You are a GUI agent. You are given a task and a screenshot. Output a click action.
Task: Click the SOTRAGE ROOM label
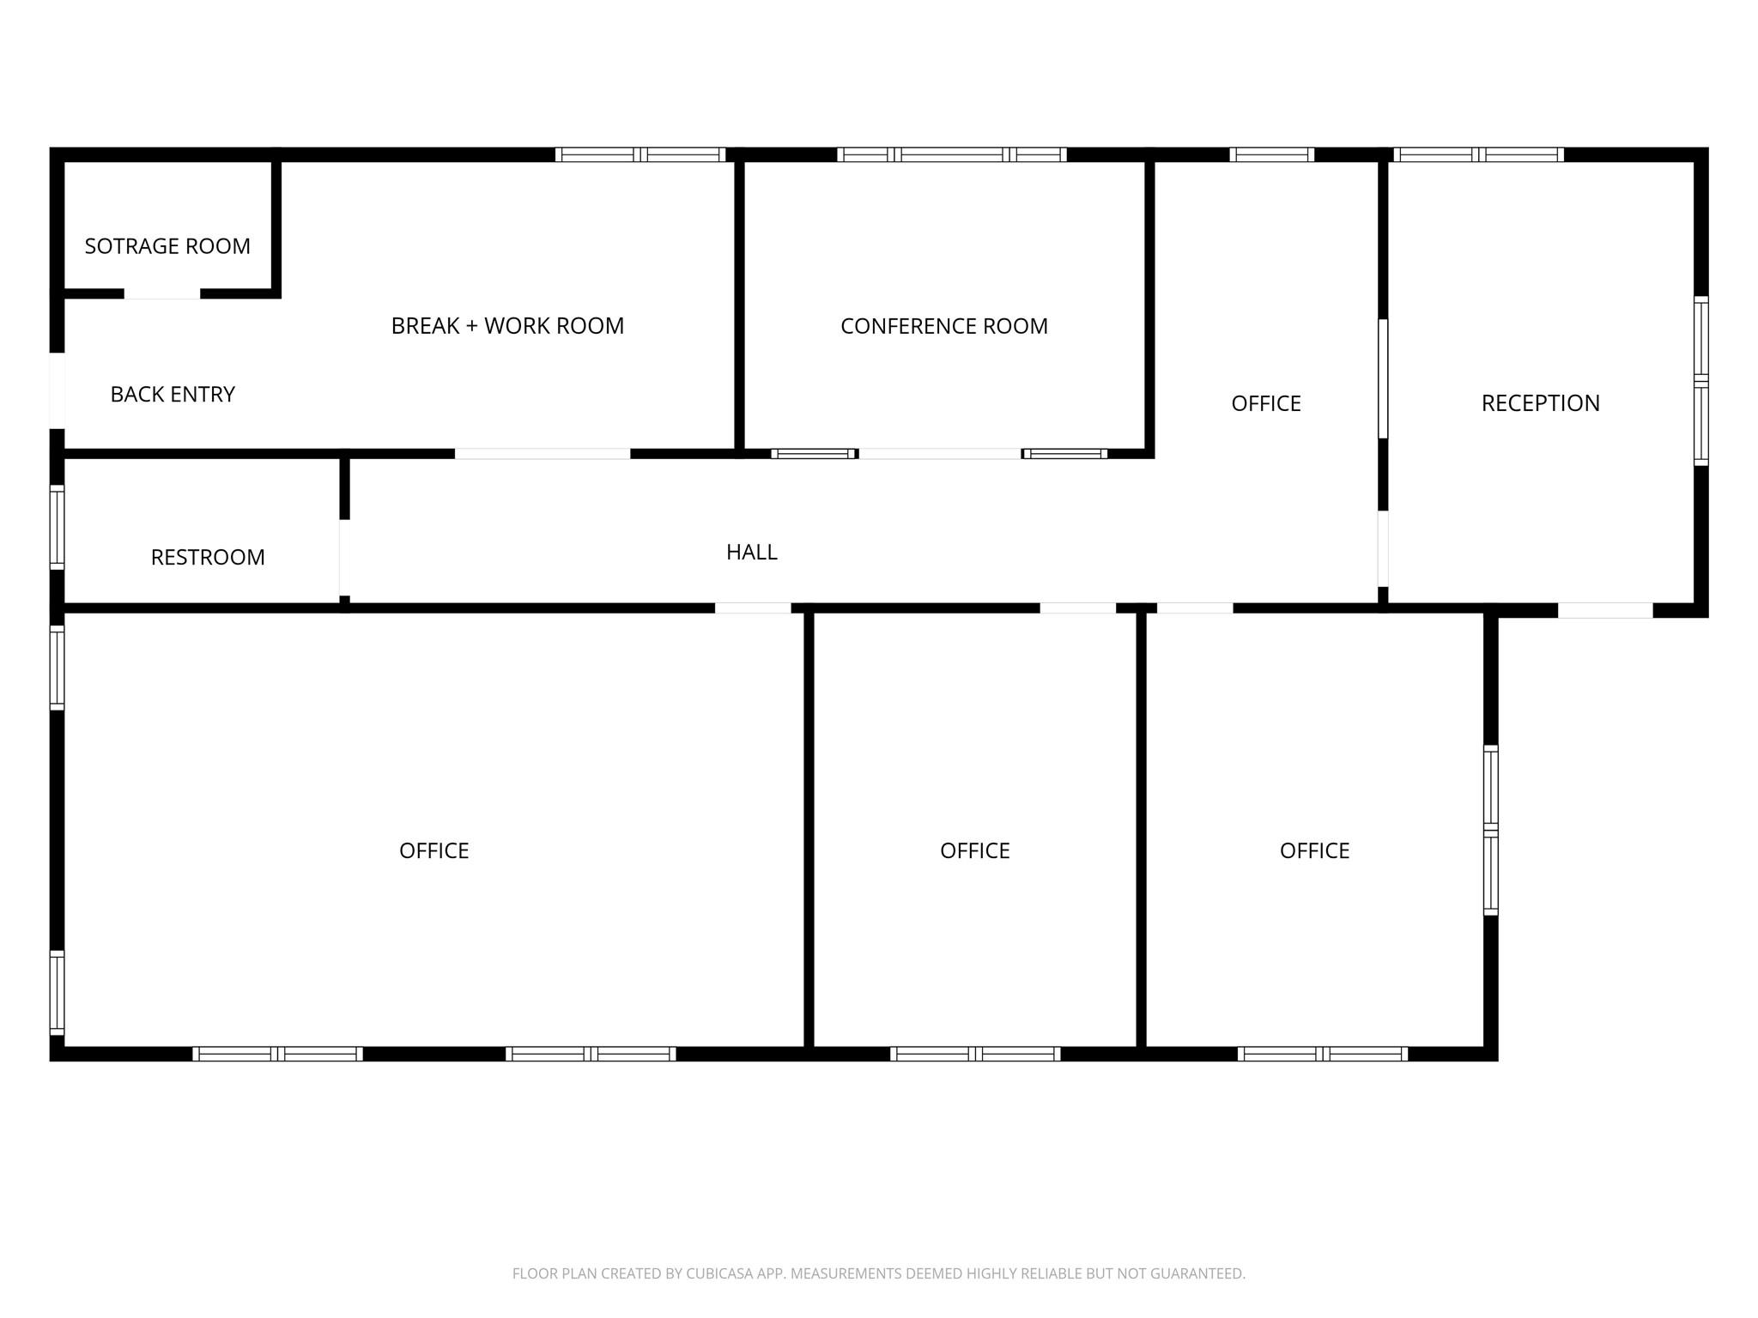click(x=167, y=246)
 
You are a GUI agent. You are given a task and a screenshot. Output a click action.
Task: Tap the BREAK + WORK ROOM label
click(x=507, y=326)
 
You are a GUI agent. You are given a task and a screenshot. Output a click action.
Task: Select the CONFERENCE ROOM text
click(x=944, y=326)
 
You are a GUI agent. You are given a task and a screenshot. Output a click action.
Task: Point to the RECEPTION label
click(x=1541, y=403)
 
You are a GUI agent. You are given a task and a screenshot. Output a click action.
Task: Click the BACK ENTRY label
click(x=173, y=394)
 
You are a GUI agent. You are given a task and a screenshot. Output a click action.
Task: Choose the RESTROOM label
click(x=208, y=558)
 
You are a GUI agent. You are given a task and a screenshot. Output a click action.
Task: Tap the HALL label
click(x=752, y=553)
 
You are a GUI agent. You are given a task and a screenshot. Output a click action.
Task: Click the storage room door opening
click(x=162, y=293)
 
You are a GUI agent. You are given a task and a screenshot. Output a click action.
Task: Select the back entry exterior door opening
click(x=57, y=390)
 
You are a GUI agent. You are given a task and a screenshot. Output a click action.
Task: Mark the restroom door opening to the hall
click(x=344, y=558)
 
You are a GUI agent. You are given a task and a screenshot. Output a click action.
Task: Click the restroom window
click(x=57, y=527)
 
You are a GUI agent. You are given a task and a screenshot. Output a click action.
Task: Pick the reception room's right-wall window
click(x=1700, y=381)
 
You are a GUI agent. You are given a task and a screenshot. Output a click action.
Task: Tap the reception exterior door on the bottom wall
click(x=1605, y=610)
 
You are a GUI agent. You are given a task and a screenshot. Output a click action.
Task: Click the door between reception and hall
click(x=1383, y=549)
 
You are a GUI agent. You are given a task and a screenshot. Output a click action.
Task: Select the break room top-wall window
click(x=640, y=154)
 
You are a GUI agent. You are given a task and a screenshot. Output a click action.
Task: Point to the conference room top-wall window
click(x=952, y=154)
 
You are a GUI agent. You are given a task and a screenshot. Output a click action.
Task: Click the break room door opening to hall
click(x=543, y=454)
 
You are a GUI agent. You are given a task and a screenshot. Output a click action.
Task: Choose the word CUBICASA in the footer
click(x=718, y=1274)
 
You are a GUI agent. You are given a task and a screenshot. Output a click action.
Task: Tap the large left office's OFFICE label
click(x=434, y=851)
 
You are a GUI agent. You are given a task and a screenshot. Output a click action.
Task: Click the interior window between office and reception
click(x=1383, y=379)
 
